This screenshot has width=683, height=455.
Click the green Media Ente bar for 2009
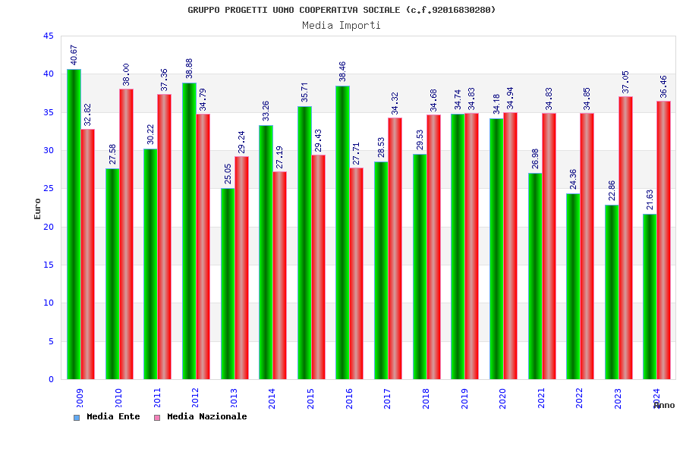coord(74,224)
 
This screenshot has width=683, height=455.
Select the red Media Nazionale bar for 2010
coord(126,234)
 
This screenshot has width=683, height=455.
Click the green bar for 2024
coord(650,297)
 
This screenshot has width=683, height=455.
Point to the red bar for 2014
coord(280,275)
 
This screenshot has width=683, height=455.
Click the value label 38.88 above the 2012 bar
coord(190,68)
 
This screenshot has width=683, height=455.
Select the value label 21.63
coord(650,199)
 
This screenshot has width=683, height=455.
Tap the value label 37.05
coord(626,82)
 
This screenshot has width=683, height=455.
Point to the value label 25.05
coord(228,174)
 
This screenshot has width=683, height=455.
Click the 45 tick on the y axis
coord(48,36)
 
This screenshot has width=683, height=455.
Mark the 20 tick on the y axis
coord(48,227)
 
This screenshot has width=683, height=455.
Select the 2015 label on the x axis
coord(311,398)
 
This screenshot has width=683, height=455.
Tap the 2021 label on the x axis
coord(542,398)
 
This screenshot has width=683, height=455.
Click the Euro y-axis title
coord(38,209)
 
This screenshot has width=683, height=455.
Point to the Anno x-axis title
coord(664,406)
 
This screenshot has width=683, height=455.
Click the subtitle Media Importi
coord(341,25)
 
